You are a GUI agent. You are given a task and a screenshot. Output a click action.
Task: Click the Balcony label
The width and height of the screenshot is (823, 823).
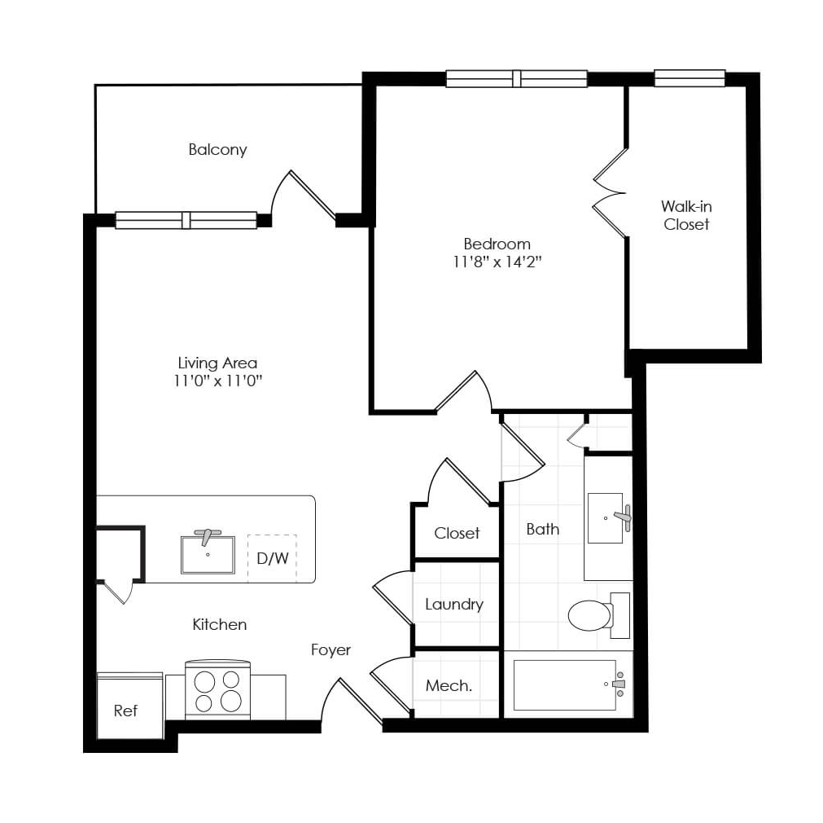coord(217,150)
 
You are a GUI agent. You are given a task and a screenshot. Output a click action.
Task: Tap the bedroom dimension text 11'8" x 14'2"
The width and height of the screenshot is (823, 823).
coord(497,262)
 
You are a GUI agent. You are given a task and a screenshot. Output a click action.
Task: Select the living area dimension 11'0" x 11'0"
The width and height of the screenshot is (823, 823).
coord(218,381)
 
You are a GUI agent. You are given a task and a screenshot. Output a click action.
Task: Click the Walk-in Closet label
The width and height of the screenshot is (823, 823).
coord(686,215)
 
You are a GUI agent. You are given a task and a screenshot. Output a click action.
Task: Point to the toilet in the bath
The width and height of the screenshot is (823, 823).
coord(599,615)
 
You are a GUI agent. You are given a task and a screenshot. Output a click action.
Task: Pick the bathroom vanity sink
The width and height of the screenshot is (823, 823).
coord(609,517)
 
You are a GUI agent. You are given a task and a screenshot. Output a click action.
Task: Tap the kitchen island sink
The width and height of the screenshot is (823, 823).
coord(208,552)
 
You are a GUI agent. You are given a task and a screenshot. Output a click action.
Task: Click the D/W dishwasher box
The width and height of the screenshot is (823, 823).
coord(272,558)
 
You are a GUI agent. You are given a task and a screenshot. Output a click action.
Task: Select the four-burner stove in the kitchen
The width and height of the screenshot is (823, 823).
coord(218,690)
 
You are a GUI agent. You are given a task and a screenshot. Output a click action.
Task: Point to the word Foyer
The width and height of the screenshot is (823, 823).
coord(331,650)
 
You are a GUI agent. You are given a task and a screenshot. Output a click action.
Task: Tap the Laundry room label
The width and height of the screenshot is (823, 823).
coord(454,605)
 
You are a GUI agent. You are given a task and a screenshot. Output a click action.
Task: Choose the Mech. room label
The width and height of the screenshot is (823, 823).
coord(449,685)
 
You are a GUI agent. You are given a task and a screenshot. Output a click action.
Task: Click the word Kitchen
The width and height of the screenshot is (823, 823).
coord(220,624)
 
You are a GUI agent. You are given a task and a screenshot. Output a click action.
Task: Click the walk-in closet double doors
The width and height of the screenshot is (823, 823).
coord(610,193)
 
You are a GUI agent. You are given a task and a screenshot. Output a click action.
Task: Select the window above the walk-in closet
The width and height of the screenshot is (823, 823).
coord(689,78)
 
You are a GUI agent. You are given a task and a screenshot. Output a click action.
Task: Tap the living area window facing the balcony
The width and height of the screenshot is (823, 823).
coord(186,220)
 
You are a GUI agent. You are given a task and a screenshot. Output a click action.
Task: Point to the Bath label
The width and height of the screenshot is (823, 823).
coord(543,529)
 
